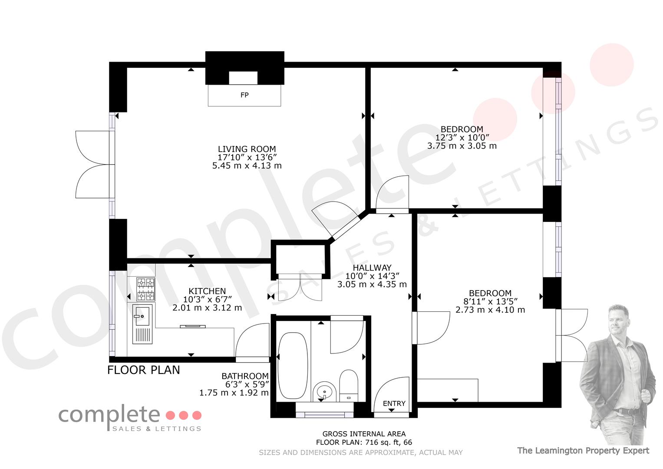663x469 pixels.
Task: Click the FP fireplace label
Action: point(244,95)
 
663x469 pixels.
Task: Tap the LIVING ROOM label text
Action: point(247,149)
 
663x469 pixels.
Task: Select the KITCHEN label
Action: point(207,291)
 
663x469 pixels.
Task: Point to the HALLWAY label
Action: point(372,268)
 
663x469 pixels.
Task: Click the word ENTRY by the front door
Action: point(394,403)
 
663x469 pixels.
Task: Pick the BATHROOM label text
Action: point(245,376)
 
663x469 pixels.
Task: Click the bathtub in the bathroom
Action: point(293,365)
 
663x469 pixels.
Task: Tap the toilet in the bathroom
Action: point(349,386)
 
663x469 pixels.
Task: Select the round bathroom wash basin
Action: point(324,392)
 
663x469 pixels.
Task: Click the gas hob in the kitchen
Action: point(145,289)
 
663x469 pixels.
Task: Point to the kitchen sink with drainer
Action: point(142,324)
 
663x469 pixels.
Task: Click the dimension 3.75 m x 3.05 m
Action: point(462,145)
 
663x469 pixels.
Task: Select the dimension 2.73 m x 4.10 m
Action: point(490,310)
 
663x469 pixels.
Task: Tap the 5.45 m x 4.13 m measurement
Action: point(247,165)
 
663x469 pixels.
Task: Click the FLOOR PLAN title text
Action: point(144,370)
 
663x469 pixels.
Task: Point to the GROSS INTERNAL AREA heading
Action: point(364,434)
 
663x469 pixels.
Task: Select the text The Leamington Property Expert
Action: point(583,451)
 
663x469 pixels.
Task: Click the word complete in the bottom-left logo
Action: point(109,416)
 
